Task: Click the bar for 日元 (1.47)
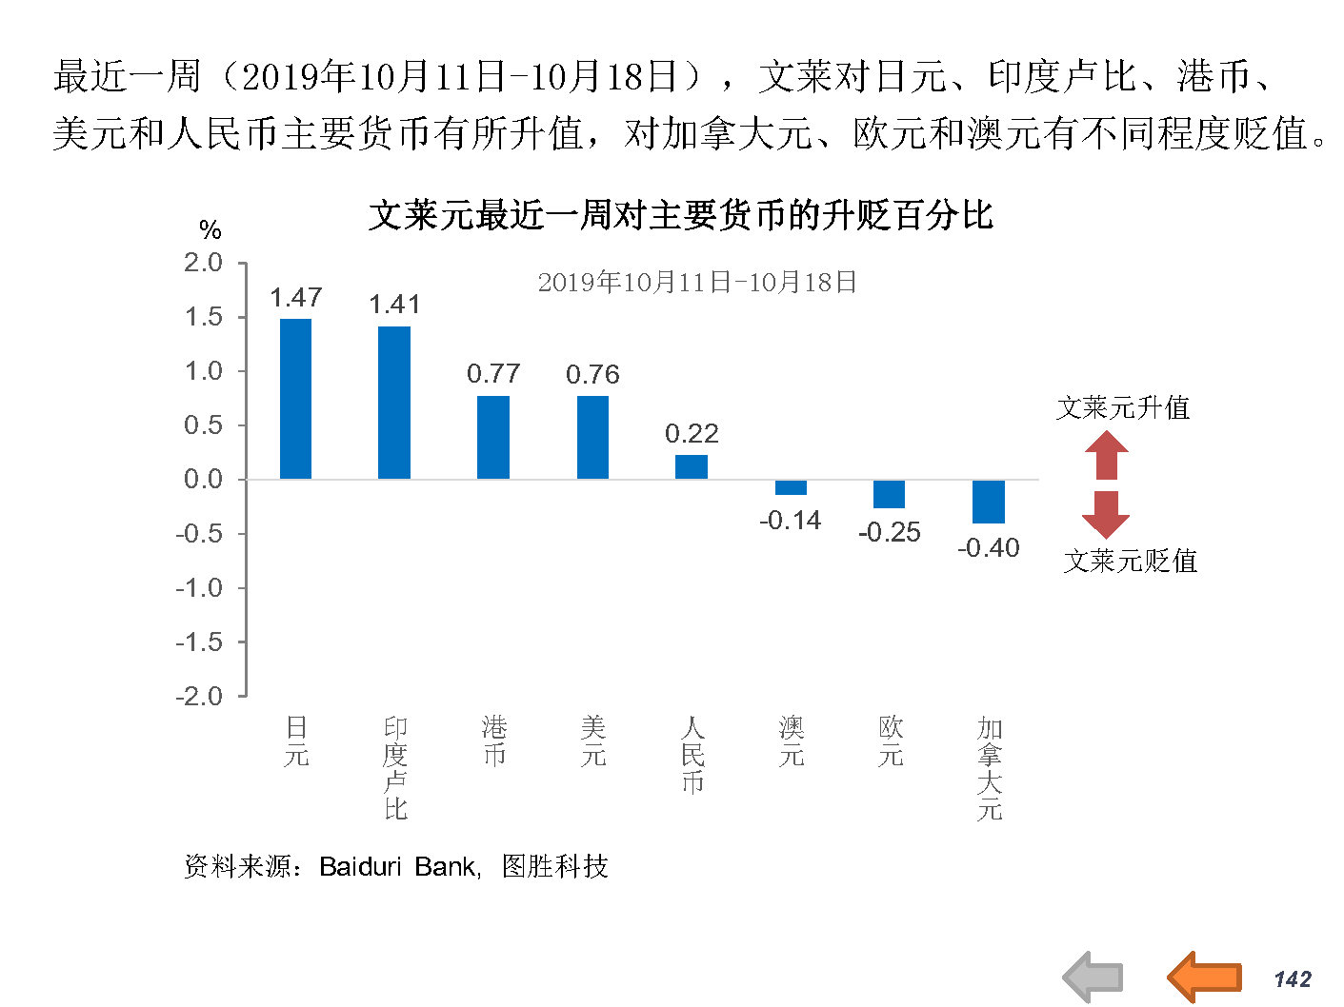pos(295,398)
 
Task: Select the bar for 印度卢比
pos(394,402)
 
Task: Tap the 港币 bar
pos(493,437)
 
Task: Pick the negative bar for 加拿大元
pos(989,502)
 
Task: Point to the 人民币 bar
pos(692,466)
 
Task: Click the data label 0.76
pos(592,375)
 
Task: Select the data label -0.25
pos(890,532)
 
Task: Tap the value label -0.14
pos(791,521)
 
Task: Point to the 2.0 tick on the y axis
pos(203,263)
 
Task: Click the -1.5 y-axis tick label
pos(199,642)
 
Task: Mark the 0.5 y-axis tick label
pos(203,425)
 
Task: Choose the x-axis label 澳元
pos(792,742)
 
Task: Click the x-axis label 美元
pos(593,742)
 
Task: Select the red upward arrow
pos(1106,455)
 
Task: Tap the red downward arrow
pos(1106,514)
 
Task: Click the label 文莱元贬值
pos(1131,561)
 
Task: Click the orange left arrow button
pos(1205,977)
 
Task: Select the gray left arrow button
pos(1093,977)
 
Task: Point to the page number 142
pos(1293,979)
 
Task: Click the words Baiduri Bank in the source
pos(398,867)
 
